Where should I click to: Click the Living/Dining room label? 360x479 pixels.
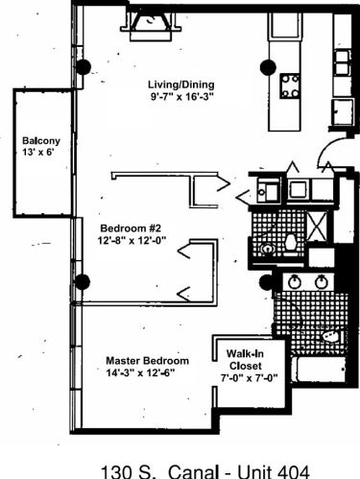(x=181, y=84)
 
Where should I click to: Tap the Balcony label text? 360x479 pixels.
(x=41, y=140)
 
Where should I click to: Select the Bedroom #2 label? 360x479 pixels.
(x=131, y=228)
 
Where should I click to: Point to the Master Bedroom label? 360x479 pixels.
(x=147, y=361)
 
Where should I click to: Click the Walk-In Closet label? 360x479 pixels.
(x=246, y=360)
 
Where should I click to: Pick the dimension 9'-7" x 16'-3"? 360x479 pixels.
(x=181, y=96)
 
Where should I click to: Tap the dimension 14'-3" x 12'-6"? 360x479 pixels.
(x=141, y=372)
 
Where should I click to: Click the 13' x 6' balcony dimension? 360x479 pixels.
(x=37, y=152)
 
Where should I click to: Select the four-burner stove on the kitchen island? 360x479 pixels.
(x=290, y=85)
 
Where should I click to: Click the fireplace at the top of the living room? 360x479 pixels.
(x=151, y=27)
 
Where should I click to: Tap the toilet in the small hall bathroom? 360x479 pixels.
(x=291, y=244)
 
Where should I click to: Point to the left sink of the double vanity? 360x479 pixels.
(x=294, y=281)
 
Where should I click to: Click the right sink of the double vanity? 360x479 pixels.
(x=321, y=281)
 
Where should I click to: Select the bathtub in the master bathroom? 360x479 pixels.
(x=319, y=370)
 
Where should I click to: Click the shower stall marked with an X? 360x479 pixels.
(x=317, y=227)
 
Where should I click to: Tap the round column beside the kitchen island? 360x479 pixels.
(x=268, y=67)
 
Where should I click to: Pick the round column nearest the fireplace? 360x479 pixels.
(x=83, y=67)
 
